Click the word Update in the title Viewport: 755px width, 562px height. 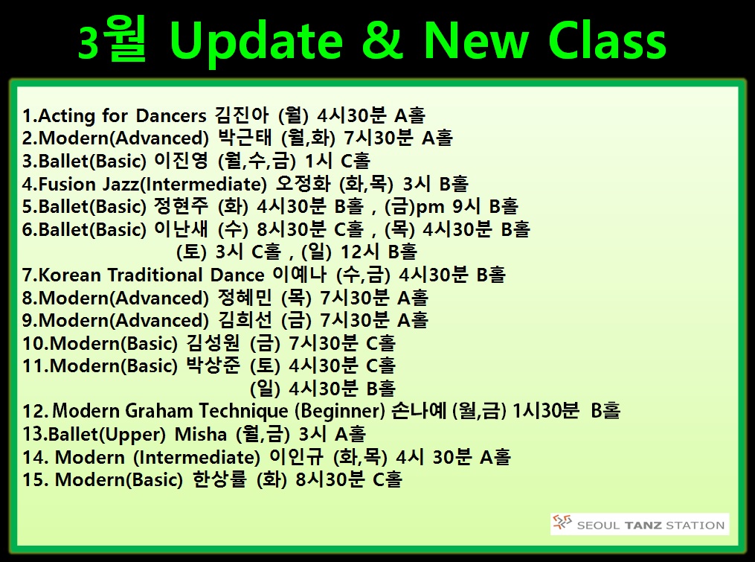(256, 42)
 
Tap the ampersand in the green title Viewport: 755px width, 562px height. (383, 39)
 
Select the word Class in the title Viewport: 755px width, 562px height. (607, 40)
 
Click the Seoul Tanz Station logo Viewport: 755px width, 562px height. (640, 524)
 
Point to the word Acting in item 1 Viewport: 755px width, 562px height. (67, 116)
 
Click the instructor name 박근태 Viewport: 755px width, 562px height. (245, 138)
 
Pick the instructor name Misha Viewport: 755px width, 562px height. (200, 434)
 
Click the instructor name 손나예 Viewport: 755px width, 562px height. (419, 411)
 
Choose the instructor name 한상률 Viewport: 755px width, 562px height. (219, 479)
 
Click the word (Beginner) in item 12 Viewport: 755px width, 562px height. (339, 411)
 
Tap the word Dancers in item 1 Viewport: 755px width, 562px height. (171, 116)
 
